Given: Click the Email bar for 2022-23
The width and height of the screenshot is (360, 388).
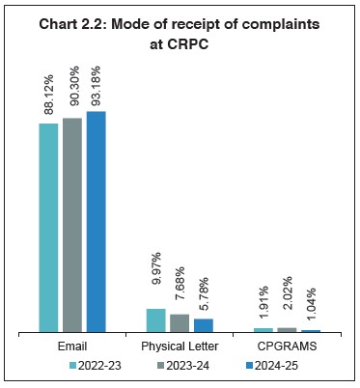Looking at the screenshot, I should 48,228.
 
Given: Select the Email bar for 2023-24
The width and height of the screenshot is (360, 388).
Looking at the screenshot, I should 72,225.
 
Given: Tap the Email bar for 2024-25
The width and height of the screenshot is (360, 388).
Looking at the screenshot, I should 96,222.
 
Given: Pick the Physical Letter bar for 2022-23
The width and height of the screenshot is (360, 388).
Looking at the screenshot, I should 155,320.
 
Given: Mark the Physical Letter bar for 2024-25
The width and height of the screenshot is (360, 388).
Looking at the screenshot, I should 203,325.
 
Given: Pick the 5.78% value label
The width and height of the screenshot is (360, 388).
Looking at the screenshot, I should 204,293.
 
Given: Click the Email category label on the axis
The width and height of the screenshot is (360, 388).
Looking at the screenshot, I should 71,346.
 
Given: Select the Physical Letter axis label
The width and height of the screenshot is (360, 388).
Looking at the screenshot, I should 180,346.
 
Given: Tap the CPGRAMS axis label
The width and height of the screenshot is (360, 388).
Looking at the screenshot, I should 287,346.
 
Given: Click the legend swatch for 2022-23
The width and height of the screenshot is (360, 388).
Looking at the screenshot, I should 72,367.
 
